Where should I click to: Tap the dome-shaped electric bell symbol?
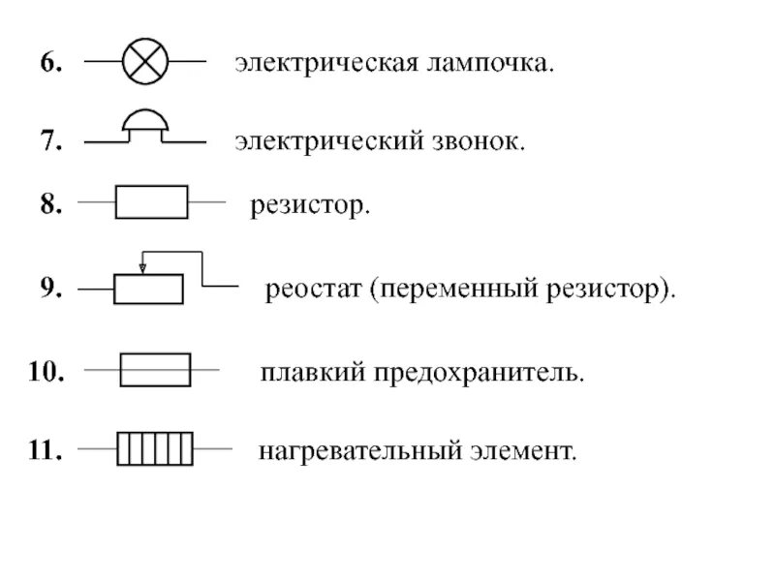145,124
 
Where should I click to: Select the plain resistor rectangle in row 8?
151,202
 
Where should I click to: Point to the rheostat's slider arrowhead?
142,268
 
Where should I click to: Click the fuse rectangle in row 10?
154,370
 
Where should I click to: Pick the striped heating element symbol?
154,449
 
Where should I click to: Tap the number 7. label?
51,142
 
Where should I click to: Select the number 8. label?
51,204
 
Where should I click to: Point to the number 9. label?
51,288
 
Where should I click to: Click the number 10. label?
46,372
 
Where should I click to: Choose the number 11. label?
46,451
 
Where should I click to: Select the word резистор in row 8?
310,205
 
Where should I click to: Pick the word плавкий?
310,373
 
